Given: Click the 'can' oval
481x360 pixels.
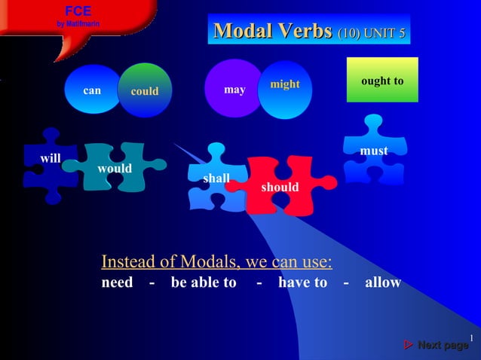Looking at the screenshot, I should (x=92, y=90).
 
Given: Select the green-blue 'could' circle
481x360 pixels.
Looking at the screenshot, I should (x=146, y=92).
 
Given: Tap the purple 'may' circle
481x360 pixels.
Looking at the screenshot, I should (x=234, y=90).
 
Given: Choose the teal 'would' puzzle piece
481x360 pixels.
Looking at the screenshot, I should (x=115, y=169).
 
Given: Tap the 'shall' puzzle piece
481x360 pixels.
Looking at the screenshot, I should (x=216, y=178).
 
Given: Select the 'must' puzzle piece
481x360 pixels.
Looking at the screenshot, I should (x=374, y=151).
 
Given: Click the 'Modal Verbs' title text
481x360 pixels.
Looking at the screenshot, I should (x=273, y=32).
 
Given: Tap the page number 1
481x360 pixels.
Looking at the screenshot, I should (x=470, y=337).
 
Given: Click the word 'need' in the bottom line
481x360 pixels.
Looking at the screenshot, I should (x=117, y=282).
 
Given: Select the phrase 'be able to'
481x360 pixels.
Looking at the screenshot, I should (x=204, y=282).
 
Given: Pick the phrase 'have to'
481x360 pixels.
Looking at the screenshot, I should (x=303, y=282).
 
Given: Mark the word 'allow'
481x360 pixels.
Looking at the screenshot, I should (x=383, y=282).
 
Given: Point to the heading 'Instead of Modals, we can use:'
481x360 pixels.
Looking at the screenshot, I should (x=217, y=262).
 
